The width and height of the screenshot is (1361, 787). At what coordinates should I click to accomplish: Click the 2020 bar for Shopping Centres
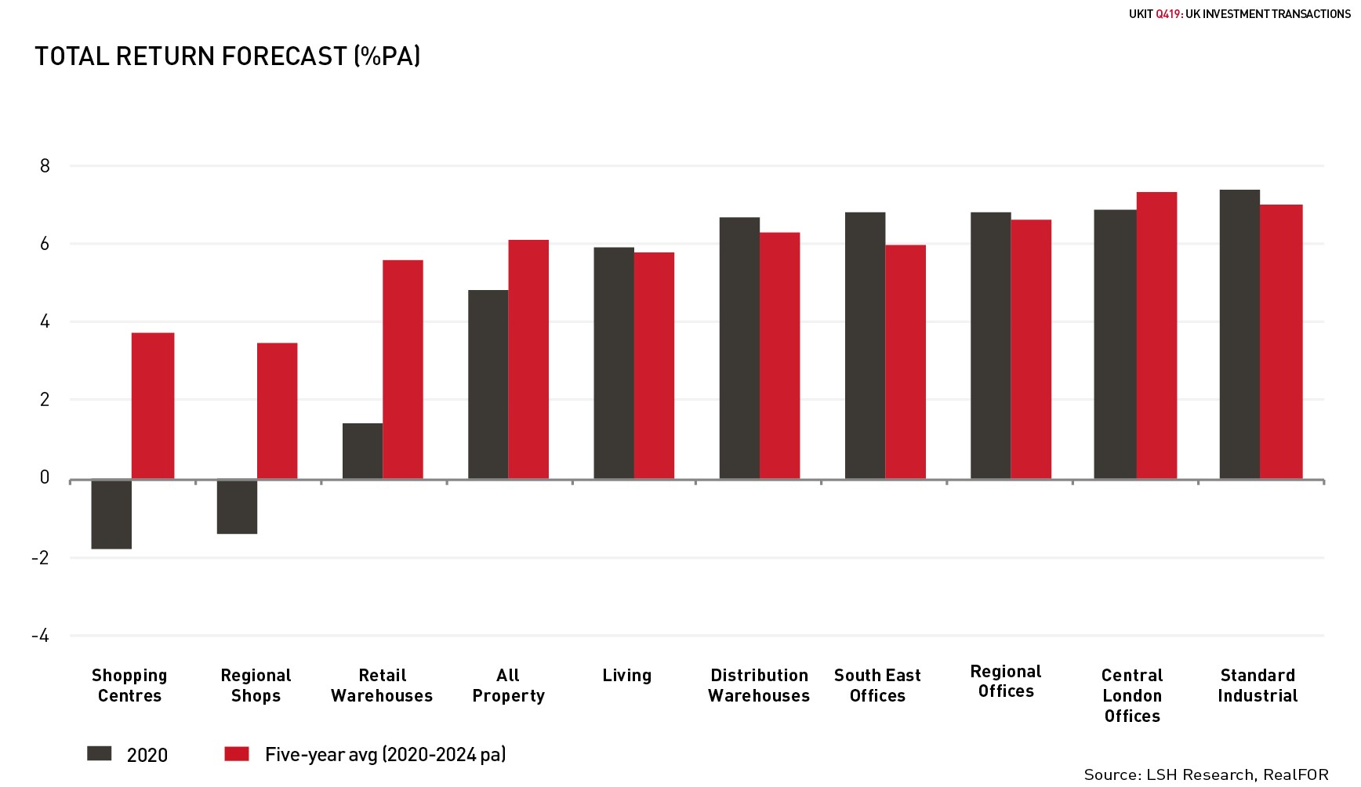click(111, 513)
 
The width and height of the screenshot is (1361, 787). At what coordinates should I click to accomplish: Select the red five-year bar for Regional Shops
click(277, 411)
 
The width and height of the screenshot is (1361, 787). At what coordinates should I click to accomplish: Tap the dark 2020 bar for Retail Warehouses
click(362, 451)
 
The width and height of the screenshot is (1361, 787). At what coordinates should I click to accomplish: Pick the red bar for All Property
click(528, 359)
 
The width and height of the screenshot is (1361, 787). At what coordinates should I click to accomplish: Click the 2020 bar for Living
click(614, 363)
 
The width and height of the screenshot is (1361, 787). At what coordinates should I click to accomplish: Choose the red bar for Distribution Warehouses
click(780, 355)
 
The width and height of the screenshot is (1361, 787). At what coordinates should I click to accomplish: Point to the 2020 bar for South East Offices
click(865, 346)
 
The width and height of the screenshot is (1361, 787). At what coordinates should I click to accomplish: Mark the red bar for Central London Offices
click(1156, 335)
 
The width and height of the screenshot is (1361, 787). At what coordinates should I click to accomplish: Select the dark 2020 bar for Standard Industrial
click(1239, 334)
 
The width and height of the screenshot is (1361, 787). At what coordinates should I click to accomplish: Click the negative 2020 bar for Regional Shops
click(237, 506)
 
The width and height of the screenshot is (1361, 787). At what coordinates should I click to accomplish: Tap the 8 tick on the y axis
click(45, 165)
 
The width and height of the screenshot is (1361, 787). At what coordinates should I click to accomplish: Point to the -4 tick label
click(40, 636)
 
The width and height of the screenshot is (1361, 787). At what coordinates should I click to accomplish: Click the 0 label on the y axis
click(45, 477)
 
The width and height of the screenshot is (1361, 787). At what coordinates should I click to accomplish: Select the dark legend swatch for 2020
click(100, 754)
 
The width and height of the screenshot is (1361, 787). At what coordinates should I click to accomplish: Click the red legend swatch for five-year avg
click(237, 754)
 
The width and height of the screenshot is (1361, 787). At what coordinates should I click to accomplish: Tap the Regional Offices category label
click(1006, 681)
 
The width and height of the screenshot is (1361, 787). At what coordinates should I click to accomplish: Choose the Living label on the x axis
click(626, 675)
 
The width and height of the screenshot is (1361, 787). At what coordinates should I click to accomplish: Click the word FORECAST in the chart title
click(284, 56)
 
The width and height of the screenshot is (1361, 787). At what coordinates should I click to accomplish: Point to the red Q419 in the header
click(1168, 14)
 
